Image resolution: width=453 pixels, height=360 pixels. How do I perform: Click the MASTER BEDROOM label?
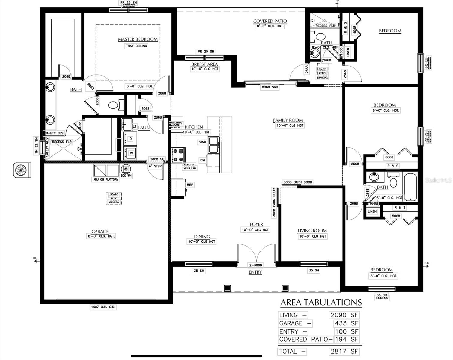(x=138, y=39)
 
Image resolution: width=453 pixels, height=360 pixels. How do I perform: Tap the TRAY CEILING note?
(x=136, y=46)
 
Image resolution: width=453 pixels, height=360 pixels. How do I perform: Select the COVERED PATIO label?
(x=270, y=21)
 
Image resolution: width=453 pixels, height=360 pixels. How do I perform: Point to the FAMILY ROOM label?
(x=288, y=120)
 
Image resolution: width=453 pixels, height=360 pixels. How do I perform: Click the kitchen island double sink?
(x=214, y=145)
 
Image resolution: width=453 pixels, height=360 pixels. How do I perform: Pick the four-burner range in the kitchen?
(x=178, y=155)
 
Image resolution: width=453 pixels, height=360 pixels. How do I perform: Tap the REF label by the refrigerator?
(x=190, y=185)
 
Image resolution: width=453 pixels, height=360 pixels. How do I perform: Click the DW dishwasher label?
(x=203, y=160)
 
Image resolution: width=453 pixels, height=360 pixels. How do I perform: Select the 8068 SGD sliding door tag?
(x=270, y=87)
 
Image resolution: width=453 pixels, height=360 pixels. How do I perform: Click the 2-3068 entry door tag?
(x=255, y=265)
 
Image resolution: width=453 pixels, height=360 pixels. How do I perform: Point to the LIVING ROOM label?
(x=312, y=231)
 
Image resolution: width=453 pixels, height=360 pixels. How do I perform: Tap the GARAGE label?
(x=100, y=232)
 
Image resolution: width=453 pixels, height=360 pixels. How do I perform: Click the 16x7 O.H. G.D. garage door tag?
(x=103, y=307)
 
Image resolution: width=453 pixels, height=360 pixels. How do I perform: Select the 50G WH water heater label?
(x=126, y=175)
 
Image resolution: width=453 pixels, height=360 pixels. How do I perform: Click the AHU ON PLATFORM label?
(x=106, y=179)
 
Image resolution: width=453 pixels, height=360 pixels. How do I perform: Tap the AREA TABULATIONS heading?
(x=321, y=303)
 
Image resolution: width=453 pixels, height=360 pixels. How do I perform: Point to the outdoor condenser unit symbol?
(x=22, y=170)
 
